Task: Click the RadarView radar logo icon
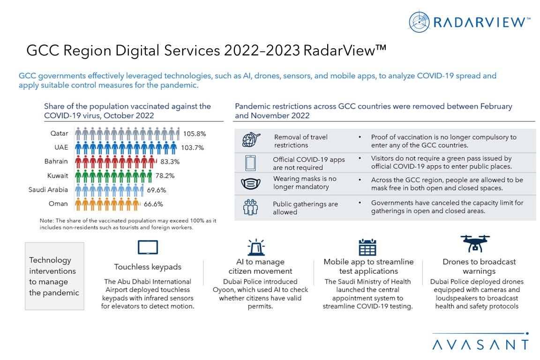419,22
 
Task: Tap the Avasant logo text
480,345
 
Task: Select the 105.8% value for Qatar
195,134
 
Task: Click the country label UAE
61,147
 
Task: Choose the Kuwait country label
59,176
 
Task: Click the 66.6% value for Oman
153,204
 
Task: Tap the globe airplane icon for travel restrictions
251,141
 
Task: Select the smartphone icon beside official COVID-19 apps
250,163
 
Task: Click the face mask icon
251,183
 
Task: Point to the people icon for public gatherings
251,208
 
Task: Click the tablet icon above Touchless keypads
148,247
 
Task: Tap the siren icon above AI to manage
256,247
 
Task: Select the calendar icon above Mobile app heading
367,247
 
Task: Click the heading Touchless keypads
148,267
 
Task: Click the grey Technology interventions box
54,276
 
